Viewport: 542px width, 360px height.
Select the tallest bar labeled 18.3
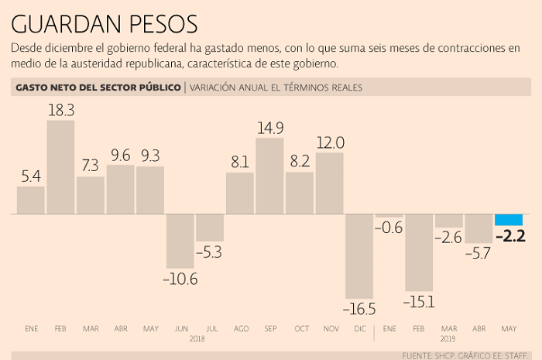pos(60,166)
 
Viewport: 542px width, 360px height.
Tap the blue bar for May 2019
pos(509,219)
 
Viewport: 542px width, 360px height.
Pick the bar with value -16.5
pos(359,255)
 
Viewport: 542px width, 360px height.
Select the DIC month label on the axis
pos(359,329)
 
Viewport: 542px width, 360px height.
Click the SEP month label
pos(269,329)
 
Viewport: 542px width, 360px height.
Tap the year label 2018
pos(197,339)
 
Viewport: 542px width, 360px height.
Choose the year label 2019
pos(449,339)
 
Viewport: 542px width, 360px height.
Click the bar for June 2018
pos(180,241)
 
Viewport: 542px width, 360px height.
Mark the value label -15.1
pos(419,301)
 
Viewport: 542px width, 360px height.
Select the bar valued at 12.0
pos(330,183)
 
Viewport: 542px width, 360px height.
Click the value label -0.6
pos(389,228)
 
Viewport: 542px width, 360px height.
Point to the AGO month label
pos(240,329)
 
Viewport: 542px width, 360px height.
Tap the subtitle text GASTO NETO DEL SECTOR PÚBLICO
pos(97,87)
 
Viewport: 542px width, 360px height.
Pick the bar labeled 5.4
pos(31,200)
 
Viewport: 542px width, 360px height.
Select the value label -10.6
pos(180,279)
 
